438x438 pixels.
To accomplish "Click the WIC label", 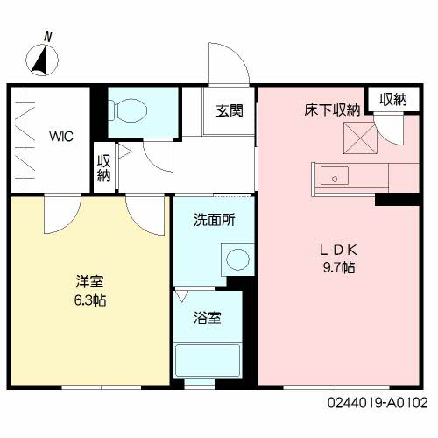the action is (61, 136).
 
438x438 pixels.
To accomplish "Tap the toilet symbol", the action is (128, 110).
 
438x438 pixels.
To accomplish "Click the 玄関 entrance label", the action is (230, 110).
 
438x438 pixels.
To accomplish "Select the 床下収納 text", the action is (332, 110).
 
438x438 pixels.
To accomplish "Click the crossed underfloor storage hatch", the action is (361, 138).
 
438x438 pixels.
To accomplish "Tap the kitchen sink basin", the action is (335, 175).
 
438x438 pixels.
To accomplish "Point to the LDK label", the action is (339, 251).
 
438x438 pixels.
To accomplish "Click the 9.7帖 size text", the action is (339, 267).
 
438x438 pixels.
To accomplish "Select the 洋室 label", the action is (89, 282).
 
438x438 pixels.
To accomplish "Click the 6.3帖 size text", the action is (90, 300).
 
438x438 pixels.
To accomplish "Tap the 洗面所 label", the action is (215, 220).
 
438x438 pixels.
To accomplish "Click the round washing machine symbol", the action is (238, 259).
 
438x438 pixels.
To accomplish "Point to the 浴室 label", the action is (208, 318).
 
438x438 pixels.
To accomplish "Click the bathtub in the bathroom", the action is (208, 361).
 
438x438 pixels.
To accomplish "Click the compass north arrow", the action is (40, 60).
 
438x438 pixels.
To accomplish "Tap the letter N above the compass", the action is (48, 37).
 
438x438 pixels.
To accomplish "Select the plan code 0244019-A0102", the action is (378, 403).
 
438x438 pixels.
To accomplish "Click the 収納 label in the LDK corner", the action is (393, 100).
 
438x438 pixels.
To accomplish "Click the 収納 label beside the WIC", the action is (104, 168).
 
